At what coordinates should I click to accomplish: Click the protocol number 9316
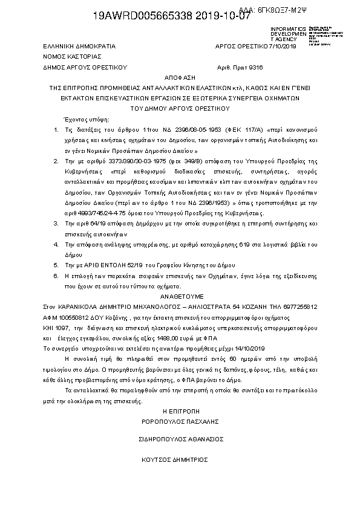[x=256, y=68]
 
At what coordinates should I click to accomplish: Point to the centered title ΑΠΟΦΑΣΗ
[x=180, y=79]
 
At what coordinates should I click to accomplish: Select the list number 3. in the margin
[x=56, y=224]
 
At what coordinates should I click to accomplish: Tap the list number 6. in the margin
[x=56, y=274]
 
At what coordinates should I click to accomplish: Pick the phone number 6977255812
[x=300, y=307]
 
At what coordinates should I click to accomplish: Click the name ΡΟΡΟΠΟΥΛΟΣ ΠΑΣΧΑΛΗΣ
[x=180, y=421]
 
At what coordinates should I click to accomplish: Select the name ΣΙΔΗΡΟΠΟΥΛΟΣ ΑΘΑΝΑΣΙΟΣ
[x=180, y=440]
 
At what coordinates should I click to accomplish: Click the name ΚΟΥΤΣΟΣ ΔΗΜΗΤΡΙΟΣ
[x=180, y=459]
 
